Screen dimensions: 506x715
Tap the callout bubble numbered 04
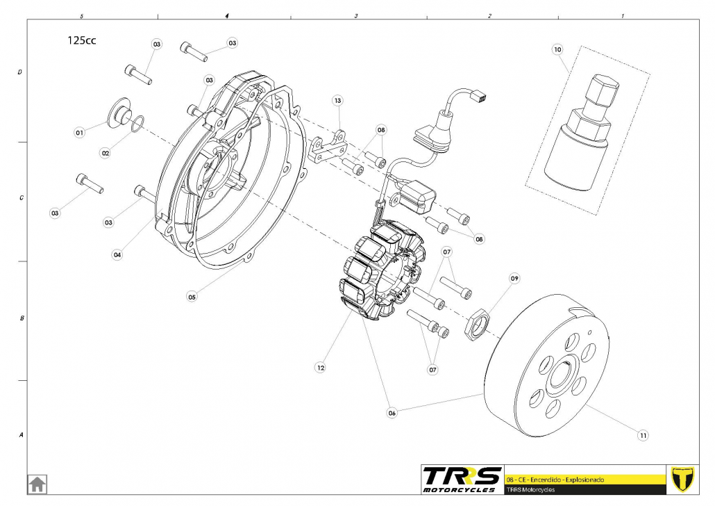(x=117, y=254)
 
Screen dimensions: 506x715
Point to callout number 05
(x=192, y=296)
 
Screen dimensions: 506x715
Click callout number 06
(x=392, y=412)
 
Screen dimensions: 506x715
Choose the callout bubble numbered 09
(x=514, y=279)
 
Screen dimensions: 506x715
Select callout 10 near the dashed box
(x=557, y=49)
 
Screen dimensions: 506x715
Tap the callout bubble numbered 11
(x=643, y=435)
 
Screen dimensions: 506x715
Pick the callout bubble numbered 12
(x=320, y=366)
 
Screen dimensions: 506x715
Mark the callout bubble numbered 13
(x=337, y=101)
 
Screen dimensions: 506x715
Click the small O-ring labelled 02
(x=137, y=124)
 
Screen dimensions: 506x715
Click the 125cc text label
(x=81, y=40)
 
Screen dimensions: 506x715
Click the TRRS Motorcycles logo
(x=462, y=480)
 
